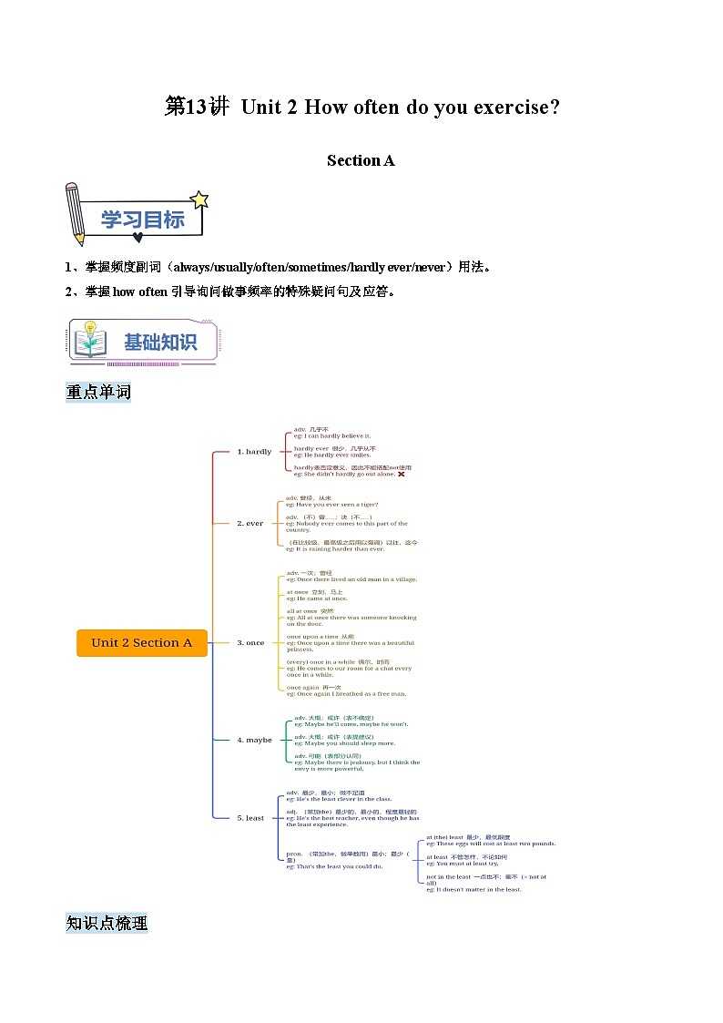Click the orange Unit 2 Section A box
click(x=142, y=642)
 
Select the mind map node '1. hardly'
click(x=254, y=451)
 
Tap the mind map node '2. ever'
click(x=250, y=523)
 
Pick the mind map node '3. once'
click(x=250, y=642)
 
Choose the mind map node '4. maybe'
click(x=254, y=740)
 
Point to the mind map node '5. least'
click(x=250, y=817)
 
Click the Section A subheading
click(x=361, y=160)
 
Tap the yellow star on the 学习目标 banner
click(x=199, y=199)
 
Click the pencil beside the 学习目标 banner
click(x=75, y=213)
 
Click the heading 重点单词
click(x=98, y=392)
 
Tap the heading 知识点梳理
click(x=107, y=923)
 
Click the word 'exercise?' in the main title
click(x=515, y=107)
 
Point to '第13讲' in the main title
click(x=197, y=107)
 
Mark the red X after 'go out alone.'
click(x=401, y=474)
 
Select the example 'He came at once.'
click(x=318, y=598)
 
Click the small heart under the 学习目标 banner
click(x=137, y=238)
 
